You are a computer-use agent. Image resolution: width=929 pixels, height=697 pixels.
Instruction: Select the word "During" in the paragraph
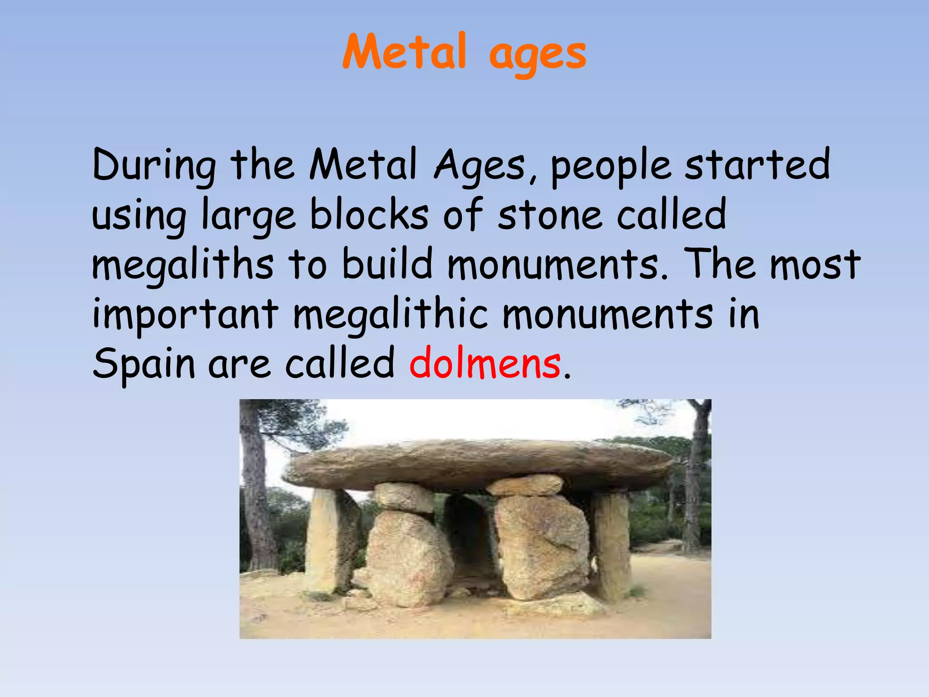154,166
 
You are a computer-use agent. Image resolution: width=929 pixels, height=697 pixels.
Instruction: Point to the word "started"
757,164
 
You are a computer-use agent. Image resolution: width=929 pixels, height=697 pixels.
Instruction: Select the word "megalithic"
391,315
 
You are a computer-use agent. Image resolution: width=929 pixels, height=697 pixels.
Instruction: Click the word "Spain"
144,364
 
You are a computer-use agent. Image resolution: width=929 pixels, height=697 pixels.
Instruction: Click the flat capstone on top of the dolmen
476,461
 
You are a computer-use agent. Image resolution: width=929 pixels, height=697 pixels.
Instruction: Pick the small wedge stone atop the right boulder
526,486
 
